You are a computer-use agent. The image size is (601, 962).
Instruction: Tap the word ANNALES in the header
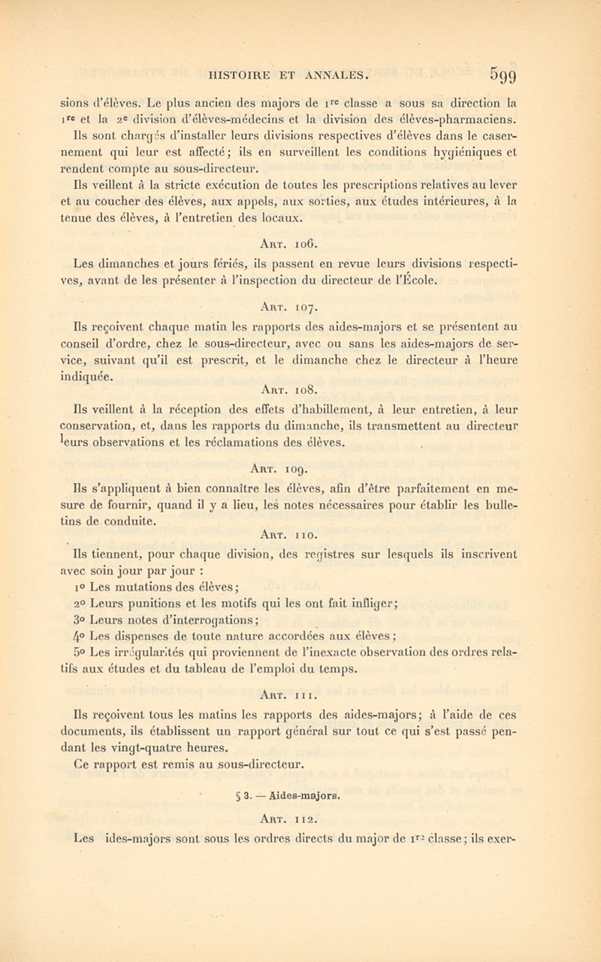point(334,74)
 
